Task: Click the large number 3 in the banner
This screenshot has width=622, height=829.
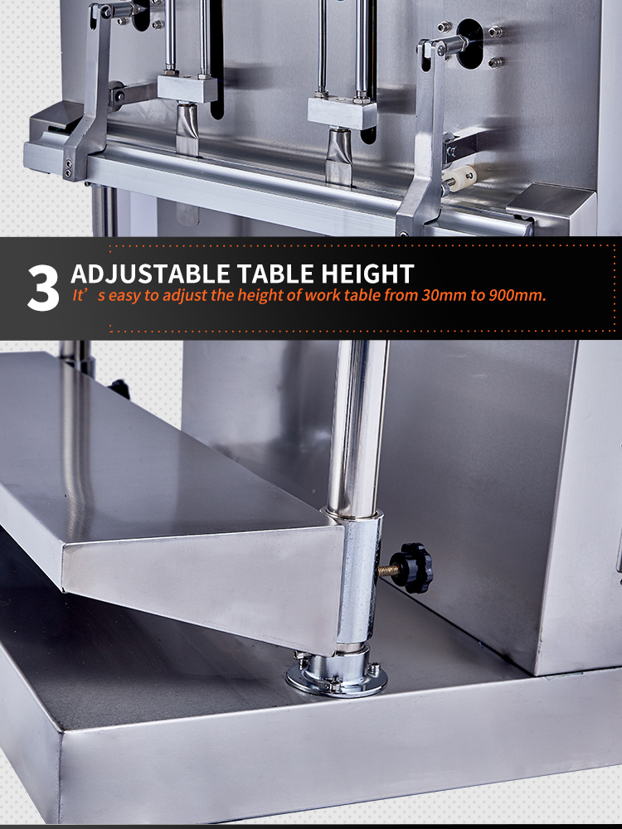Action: coord(43,288)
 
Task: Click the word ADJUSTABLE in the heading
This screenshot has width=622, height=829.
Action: coord(150,274)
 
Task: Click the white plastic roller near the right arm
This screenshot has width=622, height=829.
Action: coord(459,177)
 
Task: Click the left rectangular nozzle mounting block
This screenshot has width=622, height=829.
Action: coord(187,90)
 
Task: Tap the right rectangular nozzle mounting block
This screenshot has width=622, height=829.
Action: coord(342,113)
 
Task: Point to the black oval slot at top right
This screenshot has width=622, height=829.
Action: coord(469,43)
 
